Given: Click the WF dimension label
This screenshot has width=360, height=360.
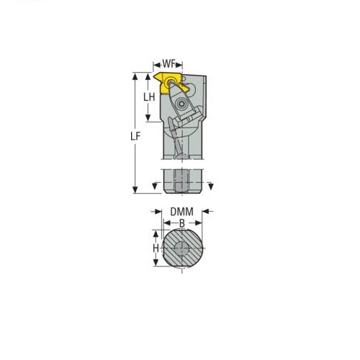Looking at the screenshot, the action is [x=168, y=64].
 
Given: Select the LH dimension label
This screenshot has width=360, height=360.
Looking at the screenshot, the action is [x=149, y=97].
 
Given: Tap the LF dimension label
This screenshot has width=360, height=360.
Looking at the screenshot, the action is [x=135, y=136].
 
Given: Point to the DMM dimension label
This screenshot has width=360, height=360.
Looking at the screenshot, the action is [x=181, y=212].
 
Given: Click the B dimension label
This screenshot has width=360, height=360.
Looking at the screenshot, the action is [x=182, y=223].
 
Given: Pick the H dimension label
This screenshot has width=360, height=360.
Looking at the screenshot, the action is [x=156, y=248].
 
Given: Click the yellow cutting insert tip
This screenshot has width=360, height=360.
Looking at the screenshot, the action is [x=155, y=76].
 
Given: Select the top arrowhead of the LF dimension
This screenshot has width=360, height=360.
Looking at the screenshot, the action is [x=135, y=77].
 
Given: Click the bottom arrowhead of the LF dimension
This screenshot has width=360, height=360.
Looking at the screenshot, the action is [x=135, y=189].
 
